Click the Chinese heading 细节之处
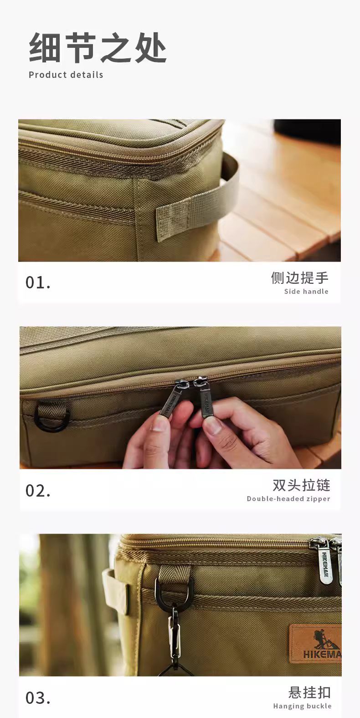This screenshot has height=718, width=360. tap(98, 48)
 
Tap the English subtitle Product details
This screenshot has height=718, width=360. tap(66, 75)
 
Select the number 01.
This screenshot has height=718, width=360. tap(38, 283)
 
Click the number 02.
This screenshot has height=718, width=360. tap(38, 491)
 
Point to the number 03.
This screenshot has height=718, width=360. tap(38, 698)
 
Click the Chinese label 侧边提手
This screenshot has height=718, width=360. tap(300, 278)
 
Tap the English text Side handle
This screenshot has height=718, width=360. tap(306, 292)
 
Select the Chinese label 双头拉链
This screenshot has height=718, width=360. tap(301, 485)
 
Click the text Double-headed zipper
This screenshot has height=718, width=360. tap(288, 499)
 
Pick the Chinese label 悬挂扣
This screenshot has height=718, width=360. tap(309, 692)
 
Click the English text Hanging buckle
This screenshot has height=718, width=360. tap(302, 706)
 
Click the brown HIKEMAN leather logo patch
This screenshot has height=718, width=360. tap(315, 644)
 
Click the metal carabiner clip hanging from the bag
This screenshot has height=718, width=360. tap(175, 633)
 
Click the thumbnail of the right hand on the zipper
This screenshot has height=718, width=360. tap(212, 428)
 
